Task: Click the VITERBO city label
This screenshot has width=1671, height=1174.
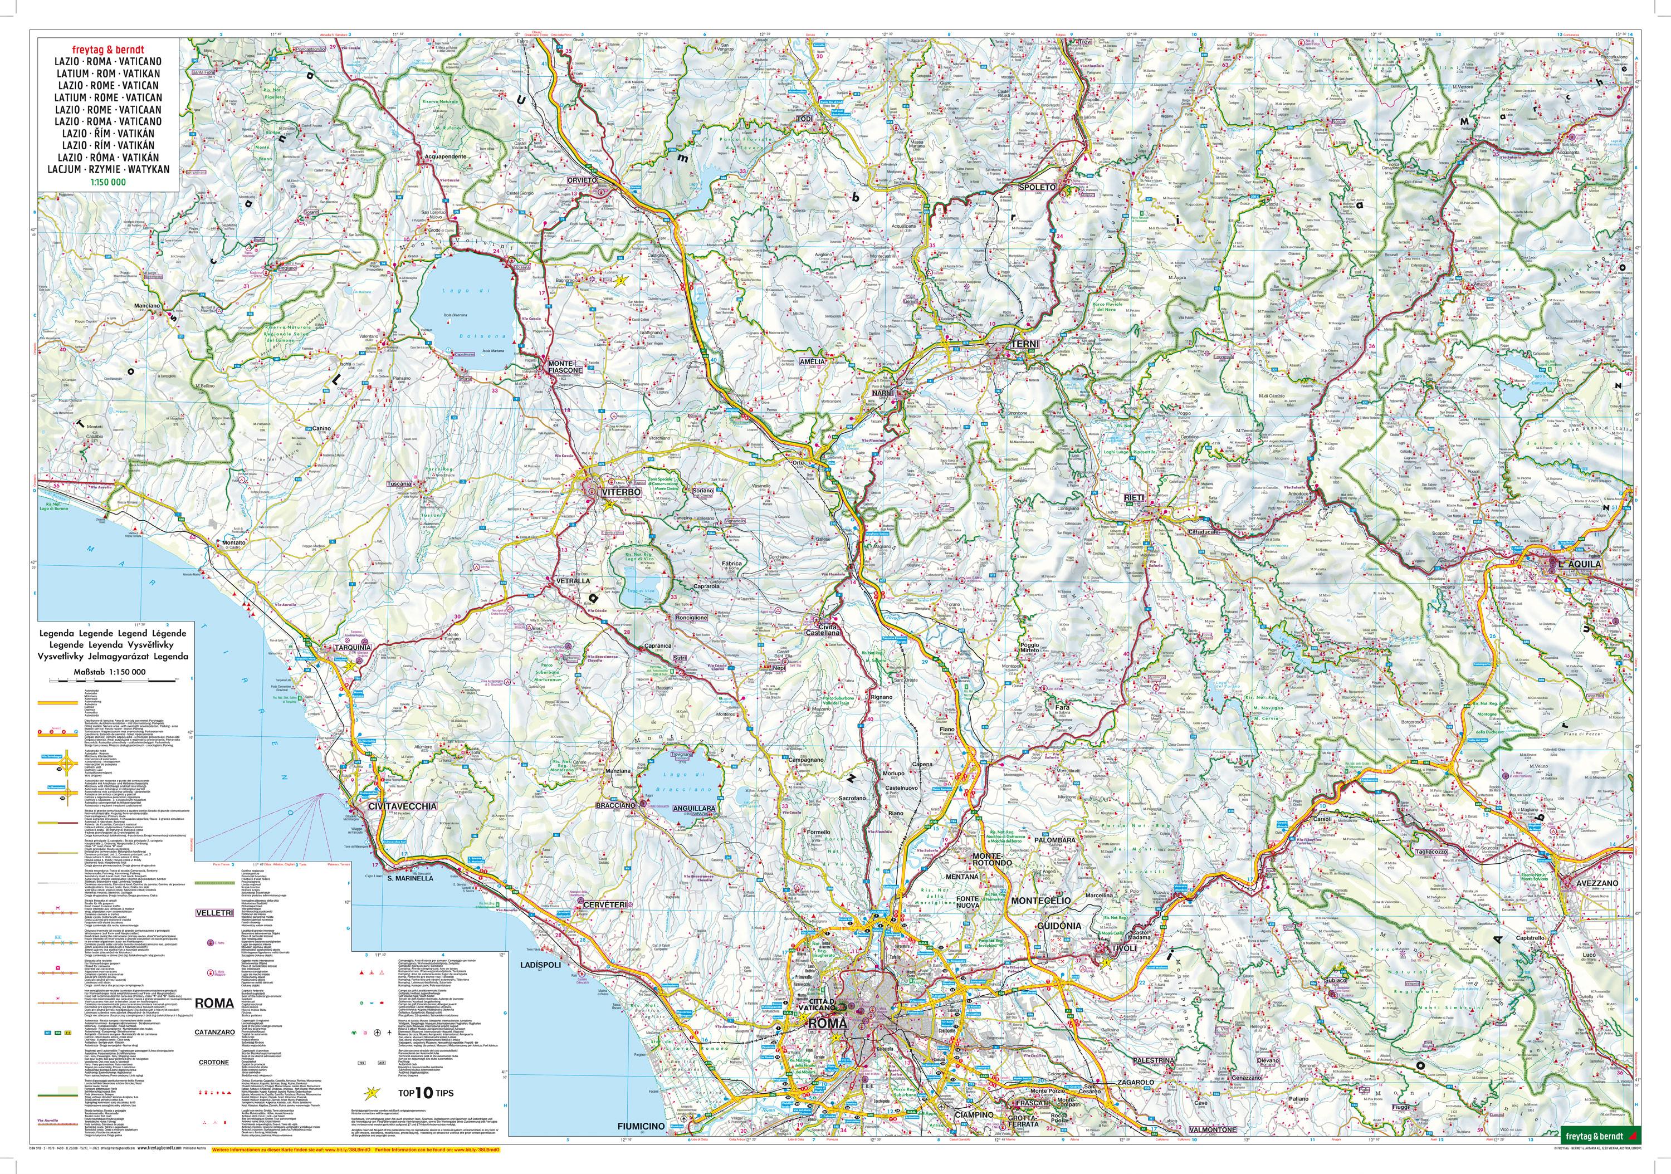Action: click(x=621, y=493)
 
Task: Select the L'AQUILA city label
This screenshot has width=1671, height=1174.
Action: click(x=1579, y=564)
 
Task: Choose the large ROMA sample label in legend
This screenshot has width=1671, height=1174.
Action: click(x=214, y=1002)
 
